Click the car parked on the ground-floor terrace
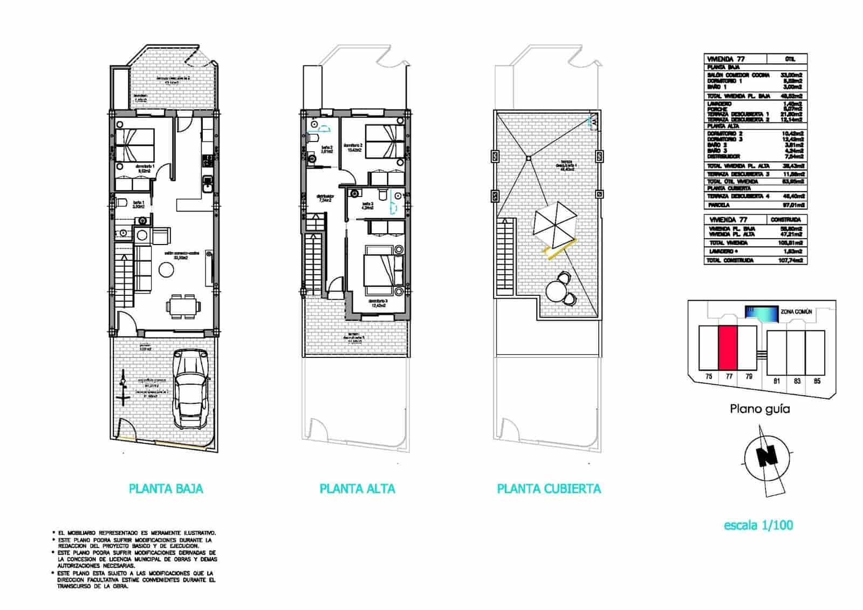pos(190,389)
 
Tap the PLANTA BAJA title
pos(166,489)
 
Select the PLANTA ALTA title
pos(357,489)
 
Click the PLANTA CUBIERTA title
pos(549,489)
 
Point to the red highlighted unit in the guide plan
pos(728,348)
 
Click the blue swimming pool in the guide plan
pos(761,313)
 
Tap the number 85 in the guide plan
pos(817,381)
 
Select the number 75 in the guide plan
pos(709,377)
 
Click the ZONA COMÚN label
pos(796,312)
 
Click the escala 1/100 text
pos(758,525)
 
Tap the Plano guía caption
pos(759,409)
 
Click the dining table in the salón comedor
pos(181,307)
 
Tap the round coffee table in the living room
pos(166,270)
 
